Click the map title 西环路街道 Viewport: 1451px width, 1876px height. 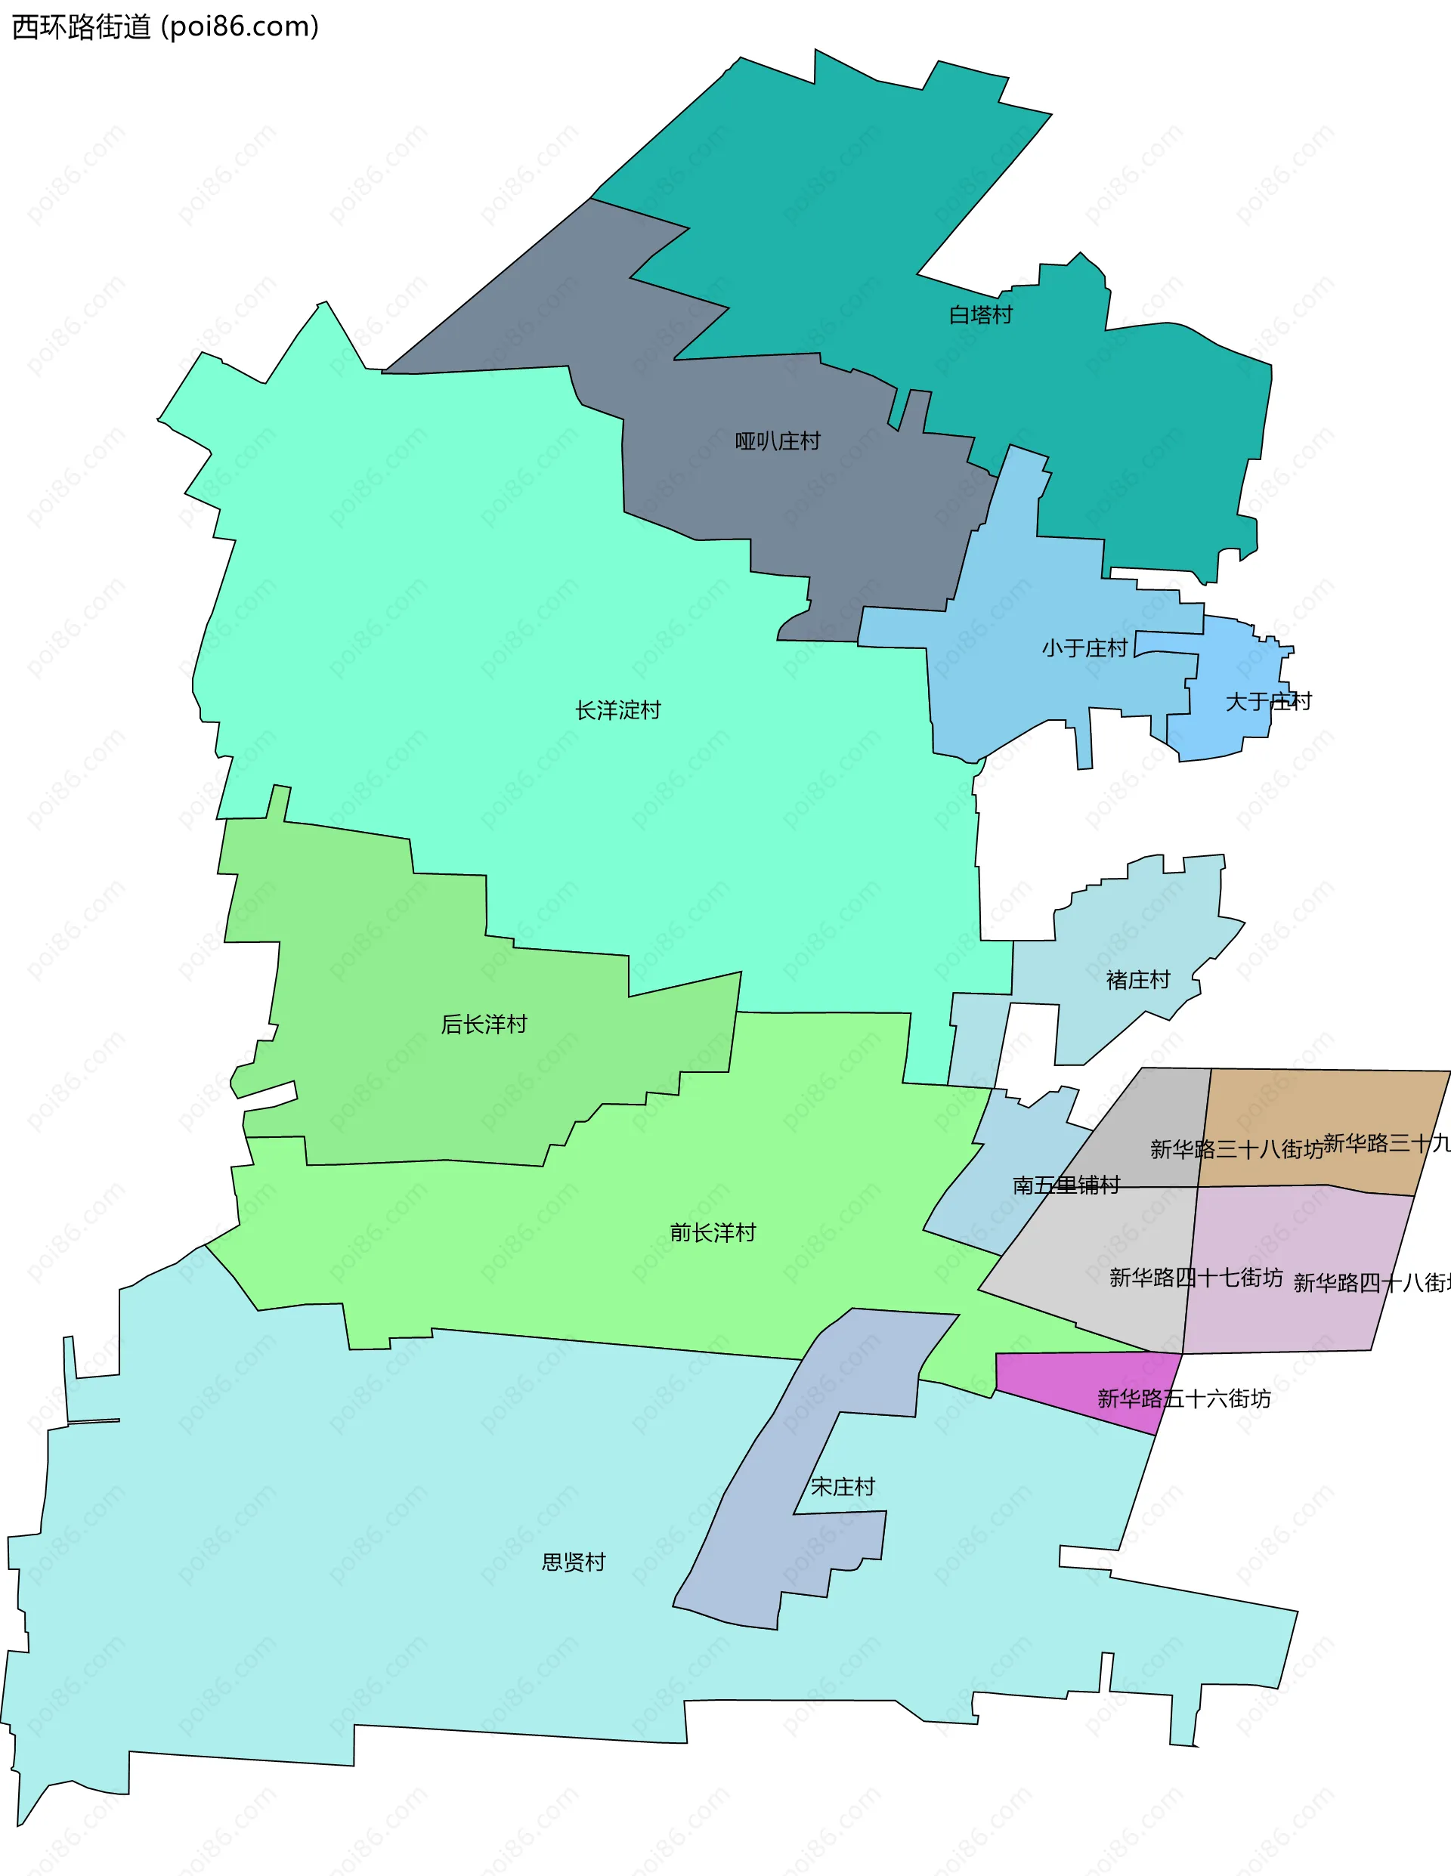[82, 26]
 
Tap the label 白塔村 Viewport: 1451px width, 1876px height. [980, 315]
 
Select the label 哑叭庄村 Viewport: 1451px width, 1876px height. [778, 441]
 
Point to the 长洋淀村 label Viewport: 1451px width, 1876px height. [617, 710]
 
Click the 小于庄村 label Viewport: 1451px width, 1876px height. [1084, 647]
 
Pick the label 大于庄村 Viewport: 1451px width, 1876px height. [1268, 702]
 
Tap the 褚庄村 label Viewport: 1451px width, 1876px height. [1137, 980]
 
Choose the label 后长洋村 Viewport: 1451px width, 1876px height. [484, 1024]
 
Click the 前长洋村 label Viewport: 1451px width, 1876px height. [712, 1232]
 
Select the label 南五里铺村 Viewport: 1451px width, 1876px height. [1066, 1185]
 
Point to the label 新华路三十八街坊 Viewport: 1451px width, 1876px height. [1236, 1149]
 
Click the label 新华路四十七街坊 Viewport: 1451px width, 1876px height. [1196, 1278]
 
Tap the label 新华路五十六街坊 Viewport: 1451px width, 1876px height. [1183, 1399]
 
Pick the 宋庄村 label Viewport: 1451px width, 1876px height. [843, 1487]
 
